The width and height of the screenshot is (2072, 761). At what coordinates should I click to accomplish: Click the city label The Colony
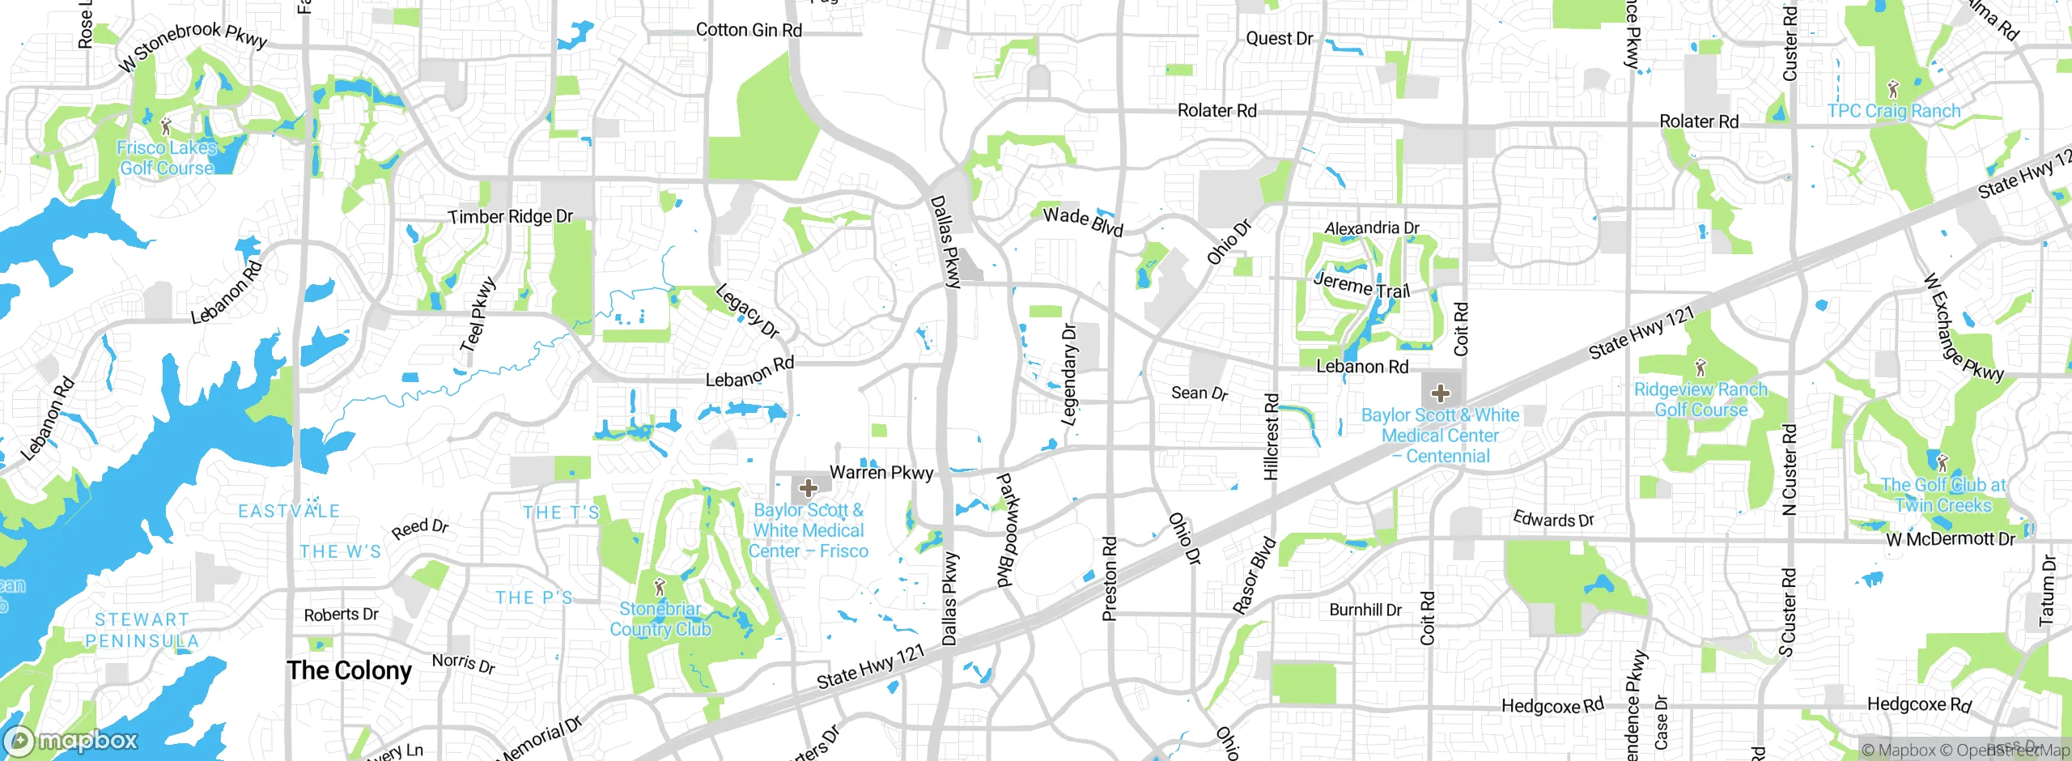tap(349, 671)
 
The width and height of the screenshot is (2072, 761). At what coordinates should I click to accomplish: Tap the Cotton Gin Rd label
tap(749, 30)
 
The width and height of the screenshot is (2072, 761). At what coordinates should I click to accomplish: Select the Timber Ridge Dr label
tap(511, 216)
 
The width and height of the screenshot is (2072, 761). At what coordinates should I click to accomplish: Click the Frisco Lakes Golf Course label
tap(167, 158)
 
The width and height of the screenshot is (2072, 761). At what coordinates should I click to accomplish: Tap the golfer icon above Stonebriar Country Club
tap(660, 585)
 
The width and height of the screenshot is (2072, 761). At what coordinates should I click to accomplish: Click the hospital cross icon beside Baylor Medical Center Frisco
tap(808, 488)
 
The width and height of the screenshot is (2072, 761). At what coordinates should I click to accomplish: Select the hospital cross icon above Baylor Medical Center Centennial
tap(1441, 394)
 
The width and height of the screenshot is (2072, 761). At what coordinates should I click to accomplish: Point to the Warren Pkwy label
tap(881, 472)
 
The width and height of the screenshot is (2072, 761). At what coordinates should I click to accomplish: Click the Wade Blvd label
tap(1083, 220)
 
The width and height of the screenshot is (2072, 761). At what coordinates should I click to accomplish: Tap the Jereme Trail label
tap(1361, 286)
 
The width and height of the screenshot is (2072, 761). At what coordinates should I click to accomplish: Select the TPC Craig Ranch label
tap(1894, 111)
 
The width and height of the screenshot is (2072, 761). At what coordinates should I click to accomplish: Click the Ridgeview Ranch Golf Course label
tap(1700, 400)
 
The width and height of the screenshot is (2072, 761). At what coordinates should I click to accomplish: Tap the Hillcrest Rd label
tap(1272, 436)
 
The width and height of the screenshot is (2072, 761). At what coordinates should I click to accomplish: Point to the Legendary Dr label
tap(1069, 374)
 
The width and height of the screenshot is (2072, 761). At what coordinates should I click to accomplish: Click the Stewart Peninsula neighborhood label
tap(142, 630)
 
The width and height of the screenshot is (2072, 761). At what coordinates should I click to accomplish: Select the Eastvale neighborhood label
tap(289, 511)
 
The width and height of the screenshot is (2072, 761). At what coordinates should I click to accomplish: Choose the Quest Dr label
tap(1280, 38)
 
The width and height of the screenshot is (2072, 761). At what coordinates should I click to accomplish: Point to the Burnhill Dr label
tap(1365, 610)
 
